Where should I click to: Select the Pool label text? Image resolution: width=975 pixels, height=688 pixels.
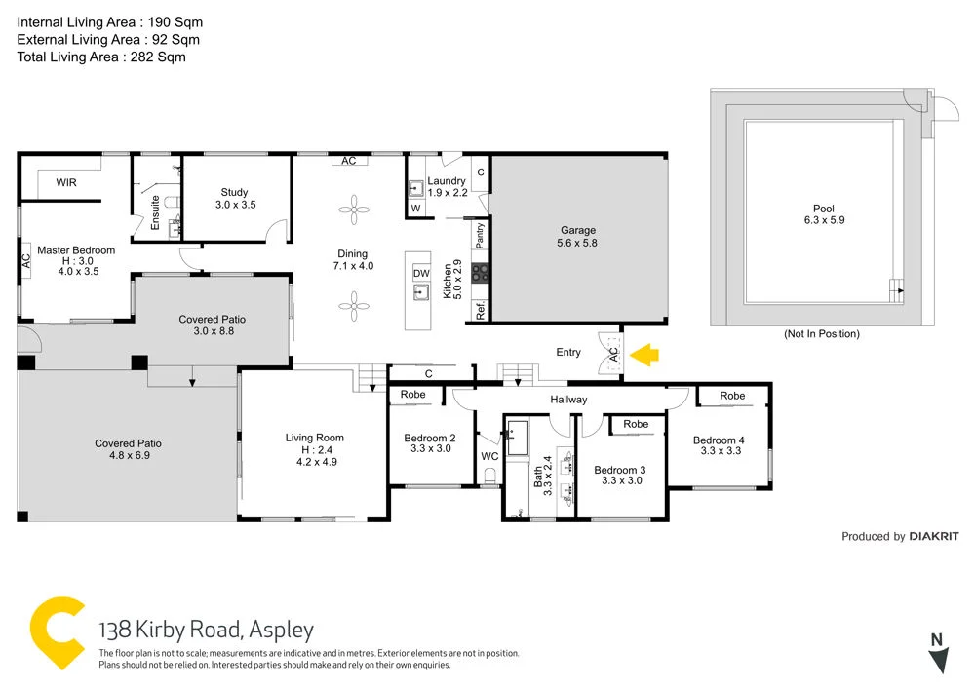824,209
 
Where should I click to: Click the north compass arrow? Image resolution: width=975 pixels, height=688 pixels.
938,662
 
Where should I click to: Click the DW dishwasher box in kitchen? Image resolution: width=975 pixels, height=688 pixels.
420,274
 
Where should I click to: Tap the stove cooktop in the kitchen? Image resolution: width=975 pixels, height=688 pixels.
480,273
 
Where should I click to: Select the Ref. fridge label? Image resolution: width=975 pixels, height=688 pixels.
481,312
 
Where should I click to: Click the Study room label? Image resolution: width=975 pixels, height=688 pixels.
234,192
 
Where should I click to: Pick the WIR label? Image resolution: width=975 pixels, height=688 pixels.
66,182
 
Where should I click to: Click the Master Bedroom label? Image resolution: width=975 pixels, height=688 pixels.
76,250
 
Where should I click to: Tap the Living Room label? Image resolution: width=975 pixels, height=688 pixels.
314,438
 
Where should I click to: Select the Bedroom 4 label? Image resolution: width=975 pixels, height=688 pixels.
719,440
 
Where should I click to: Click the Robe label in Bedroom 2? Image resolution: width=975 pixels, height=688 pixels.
413,395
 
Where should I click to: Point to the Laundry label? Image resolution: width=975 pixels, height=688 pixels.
448,181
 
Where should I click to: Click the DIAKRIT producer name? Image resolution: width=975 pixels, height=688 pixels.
933,536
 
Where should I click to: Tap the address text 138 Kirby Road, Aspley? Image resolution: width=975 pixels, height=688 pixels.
207,630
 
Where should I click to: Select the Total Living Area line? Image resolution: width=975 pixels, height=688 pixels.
101,57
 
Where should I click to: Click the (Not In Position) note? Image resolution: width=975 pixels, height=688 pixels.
822,334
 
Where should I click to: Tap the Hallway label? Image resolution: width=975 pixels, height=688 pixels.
568,400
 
